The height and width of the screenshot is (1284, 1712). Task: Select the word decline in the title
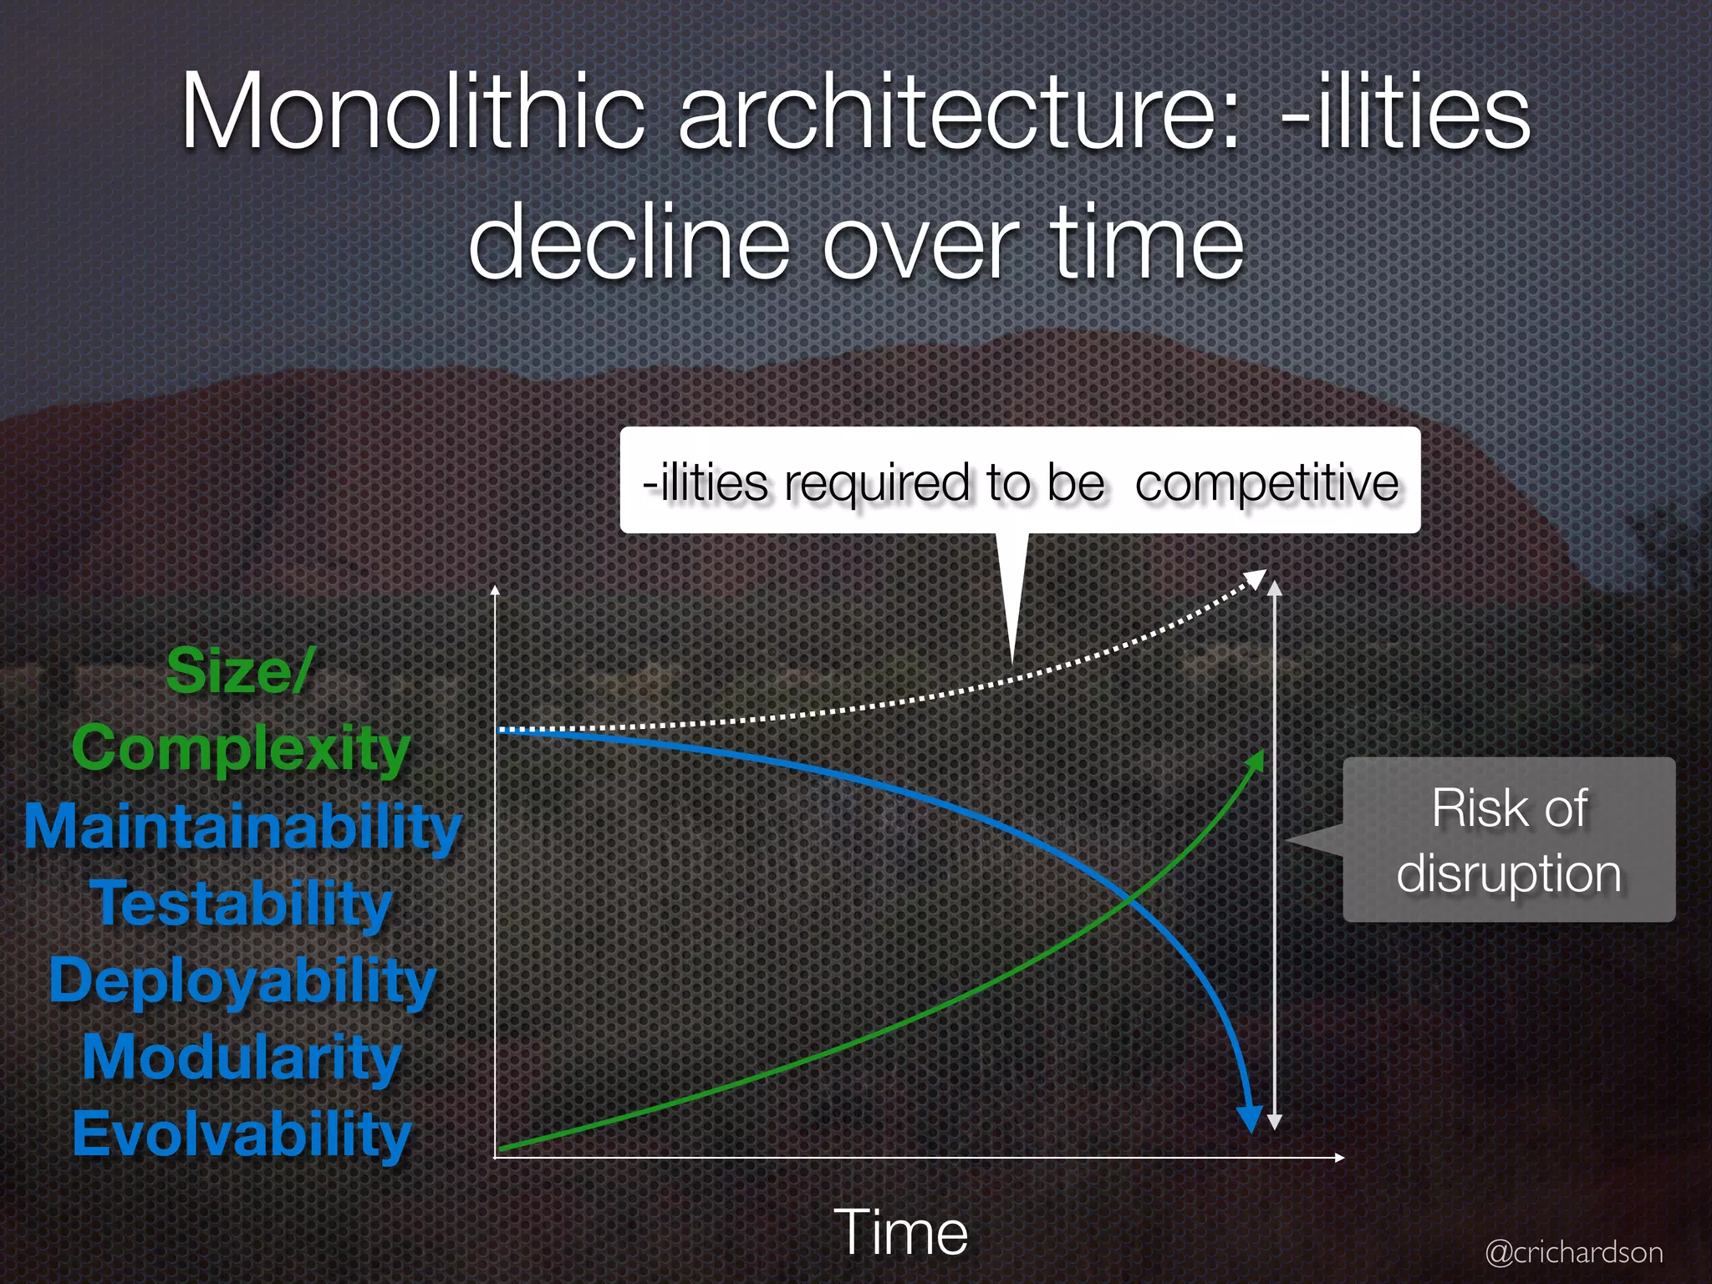[x=629, y=242]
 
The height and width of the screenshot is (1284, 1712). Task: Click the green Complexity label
[x=241, y=748]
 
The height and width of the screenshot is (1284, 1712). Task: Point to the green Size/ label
[x=239, y=670]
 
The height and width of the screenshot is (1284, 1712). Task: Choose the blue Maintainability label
[x=242, y=826]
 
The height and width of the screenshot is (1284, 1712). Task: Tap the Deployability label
[x=242, y=980]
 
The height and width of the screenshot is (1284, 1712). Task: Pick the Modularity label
[x=242, y=1057]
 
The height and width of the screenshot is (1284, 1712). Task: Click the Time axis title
[x=900, y=1231]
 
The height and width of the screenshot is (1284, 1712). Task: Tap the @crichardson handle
[x=1573, y=1252]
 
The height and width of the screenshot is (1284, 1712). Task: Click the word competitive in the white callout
[x=1266, y=483]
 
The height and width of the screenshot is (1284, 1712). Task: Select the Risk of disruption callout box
[x=1508, y=839]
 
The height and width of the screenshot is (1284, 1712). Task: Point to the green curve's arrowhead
[x=1256, y=760]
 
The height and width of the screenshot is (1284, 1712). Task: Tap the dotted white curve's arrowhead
[x=1256, y=578]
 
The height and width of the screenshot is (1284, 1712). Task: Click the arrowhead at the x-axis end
[x=1339, y=1158]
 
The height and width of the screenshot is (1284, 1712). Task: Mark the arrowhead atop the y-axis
[x=495, y=590]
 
